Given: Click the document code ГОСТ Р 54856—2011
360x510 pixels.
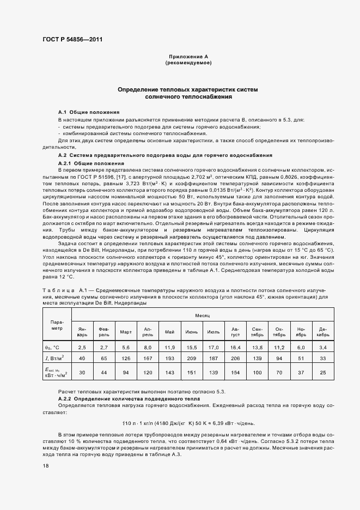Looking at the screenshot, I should point(72,39).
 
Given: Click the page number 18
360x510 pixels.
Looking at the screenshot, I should point(45,466).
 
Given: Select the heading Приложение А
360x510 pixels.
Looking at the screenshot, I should point(188,57).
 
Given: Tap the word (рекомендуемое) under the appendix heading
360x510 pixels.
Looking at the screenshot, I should point(188,63).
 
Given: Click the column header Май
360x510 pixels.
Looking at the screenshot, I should point(169,332).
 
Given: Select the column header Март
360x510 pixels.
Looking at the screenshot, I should point(126,332).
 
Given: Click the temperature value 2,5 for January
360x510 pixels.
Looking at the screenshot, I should point(82,347).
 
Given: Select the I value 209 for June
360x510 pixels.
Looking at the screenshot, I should point(191,358).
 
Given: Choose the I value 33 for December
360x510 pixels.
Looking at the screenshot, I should point(322,358).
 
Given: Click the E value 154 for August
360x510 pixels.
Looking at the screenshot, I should point(235,372).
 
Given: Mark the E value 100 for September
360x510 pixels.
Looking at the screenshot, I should point(257,372).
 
